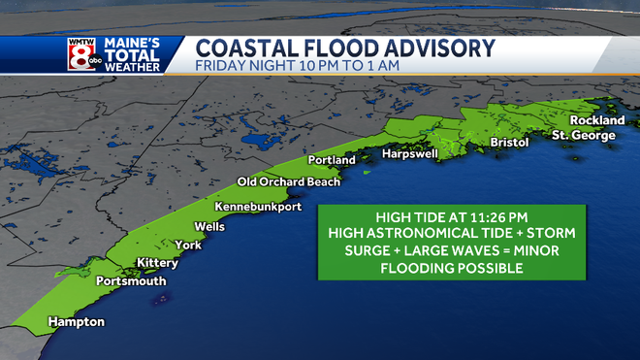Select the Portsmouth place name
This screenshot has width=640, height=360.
[x=131, y=281]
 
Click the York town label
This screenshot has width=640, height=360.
[x=188, y=245]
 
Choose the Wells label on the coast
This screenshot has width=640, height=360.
[x=209, y=226]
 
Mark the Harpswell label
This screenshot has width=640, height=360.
[x=410, y=154]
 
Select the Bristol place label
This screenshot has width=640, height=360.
[x=509, y=143]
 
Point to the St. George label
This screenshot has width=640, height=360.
[x=584, y=136]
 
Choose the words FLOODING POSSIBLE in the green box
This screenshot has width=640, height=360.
[x=442, y=269]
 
